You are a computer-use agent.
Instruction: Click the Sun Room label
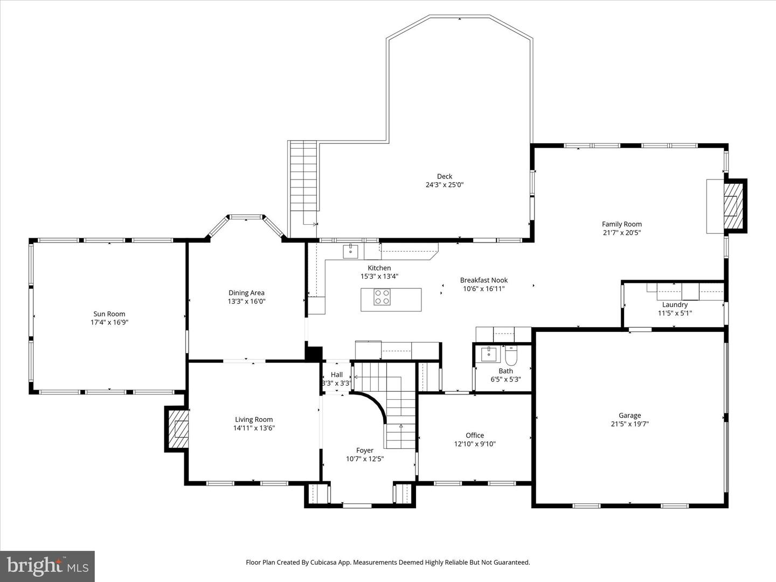pos(109,314)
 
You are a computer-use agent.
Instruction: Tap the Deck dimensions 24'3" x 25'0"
pos(444,185)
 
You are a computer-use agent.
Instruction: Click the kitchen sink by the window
pos(350,251)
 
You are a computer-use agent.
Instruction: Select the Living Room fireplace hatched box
pos(178,429)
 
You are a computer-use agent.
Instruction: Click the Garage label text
pos(629,415)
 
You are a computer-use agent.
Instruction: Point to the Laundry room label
pos(675,304)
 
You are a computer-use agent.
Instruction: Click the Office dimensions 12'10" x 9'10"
pos(474,444)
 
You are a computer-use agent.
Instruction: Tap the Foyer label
pos(365,451)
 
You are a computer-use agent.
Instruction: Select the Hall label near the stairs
pos(337,375)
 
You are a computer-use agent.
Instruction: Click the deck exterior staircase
pos(303,178)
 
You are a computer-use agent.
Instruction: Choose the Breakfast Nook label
pos(483,280)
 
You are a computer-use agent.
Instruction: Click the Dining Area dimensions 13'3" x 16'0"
pos(246,302)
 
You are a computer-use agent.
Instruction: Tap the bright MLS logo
pos(47,566)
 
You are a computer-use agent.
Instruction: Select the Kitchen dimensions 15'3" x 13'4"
pos(379,276)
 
